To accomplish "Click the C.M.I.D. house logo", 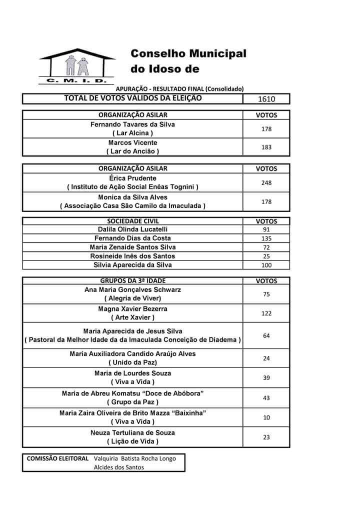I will [x=73, y=66].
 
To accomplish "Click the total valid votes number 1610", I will [x=266, y=99].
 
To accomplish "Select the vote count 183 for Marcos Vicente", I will [x=266, y=147].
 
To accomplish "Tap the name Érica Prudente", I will [x=132, y=178].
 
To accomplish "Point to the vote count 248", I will [x=266, y=183].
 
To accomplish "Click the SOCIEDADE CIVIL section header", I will [x=132, y=220].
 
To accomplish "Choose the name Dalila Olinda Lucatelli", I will [x=132, y=229].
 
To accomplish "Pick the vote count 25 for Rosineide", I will [x=266, y=256].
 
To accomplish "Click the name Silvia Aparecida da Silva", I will [x=132, y=265].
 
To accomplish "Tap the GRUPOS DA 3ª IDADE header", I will [x=132, y=281].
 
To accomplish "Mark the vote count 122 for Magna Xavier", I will [x=266, y=313].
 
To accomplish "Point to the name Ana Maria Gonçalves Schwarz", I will [x=132, y=290].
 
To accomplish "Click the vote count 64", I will [x=266, y=336].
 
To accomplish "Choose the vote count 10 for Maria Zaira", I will [x=266, y=417].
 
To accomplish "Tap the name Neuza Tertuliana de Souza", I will [x=132, y=433].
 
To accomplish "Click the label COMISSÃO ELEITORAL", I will [x=57, y=458].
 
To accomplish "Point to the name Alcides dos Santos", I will [x=118, y=467].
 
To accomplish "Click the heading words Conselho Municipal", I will [x=188, y=53].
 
